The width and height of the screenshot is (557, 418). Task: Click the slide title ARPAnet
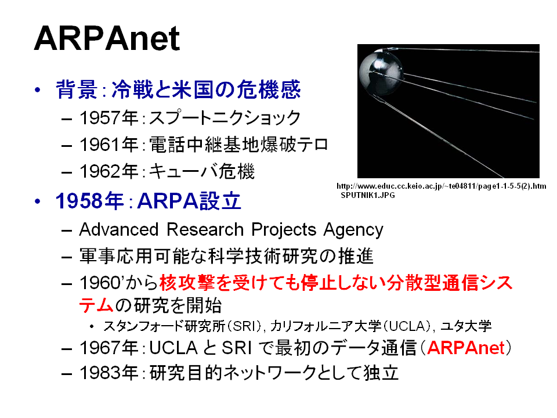point(107,38)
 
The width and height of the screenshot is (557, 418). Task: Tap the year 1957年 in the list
point(108,118)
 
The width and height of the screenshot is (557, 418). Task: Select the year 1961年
point(108,145)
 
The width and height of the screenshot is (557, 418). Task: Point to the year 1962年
point(108,171)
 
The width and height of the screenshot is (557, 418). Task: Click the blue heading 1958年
point(89,201)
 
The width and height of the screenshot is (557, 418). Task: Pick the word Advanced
point(118,229)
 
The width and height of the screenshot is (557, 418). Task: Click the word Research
point(205,229)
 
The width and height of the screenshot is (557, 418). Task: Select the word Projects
point(284,230)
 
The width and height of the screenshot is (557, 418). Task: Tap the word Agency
point(353,230)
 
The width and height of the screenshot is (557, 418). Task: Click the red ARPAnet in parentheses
point(466,348)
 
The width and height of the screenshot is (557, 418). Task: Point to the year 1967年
point(108,348)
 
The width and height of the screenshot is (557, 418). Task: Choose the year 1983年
point(108,373)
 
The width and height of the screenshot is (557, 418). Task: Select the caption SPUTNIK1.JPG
point(368,195)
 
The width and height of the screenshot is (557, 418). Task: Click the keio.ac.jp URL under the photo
point(441,186)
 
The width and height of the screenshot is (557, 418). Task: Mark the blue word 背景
point(77,89)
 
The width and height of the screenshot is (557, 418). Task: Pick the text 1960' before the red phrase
point(101,283)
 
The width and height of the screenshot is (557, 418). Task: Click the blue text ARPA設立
point(189,201)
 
